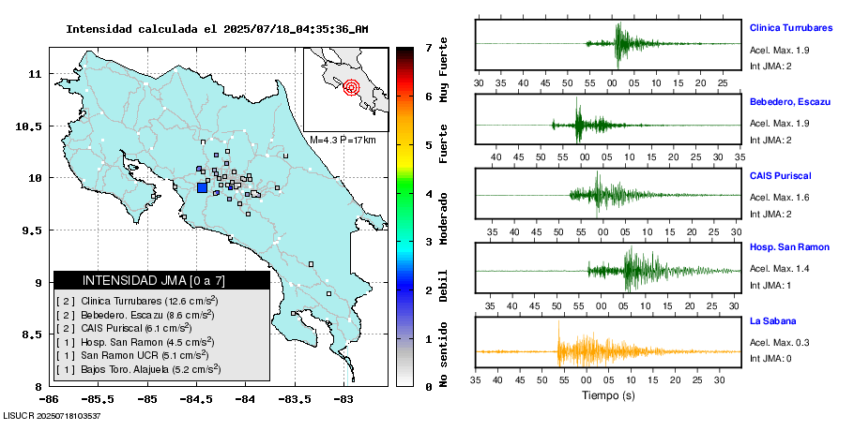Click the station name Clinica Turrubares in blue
point(791,28)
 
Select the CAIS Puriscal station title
point(780,175)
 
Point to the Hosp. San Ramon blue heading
point(789,247)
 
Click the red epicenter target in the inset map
point(351,88)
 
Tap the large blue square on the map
point(202,187)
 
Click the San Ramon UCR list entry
point(131,355)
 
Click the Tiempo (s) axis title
point(607,397)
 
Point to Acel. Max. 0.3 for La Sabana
point(779,342)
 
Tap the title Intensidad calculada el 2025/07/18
point(216,29)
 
